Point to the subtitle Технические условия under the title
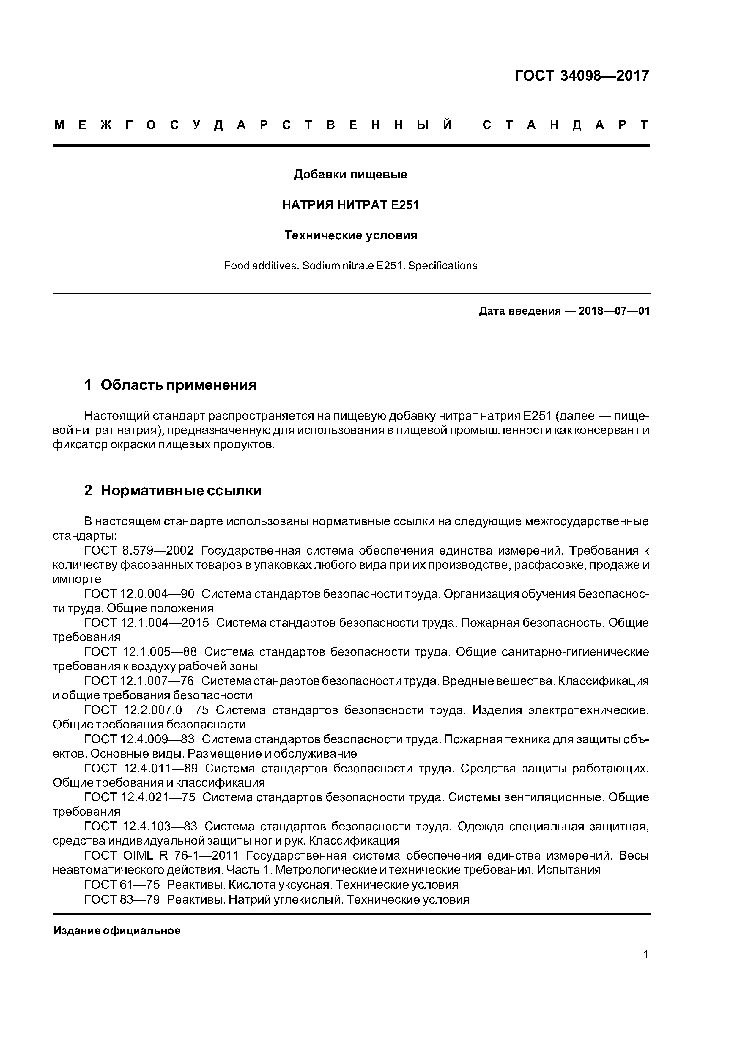coord(351,235)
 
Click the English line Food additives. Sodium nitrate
coord(351,266)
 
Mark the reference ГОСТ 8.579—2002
coord(139,551)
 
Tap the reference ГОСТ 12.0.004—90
coord(139,594)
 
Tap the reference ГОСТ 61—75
coord(122,885)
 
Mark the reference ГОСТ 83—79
coord(122,899)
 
